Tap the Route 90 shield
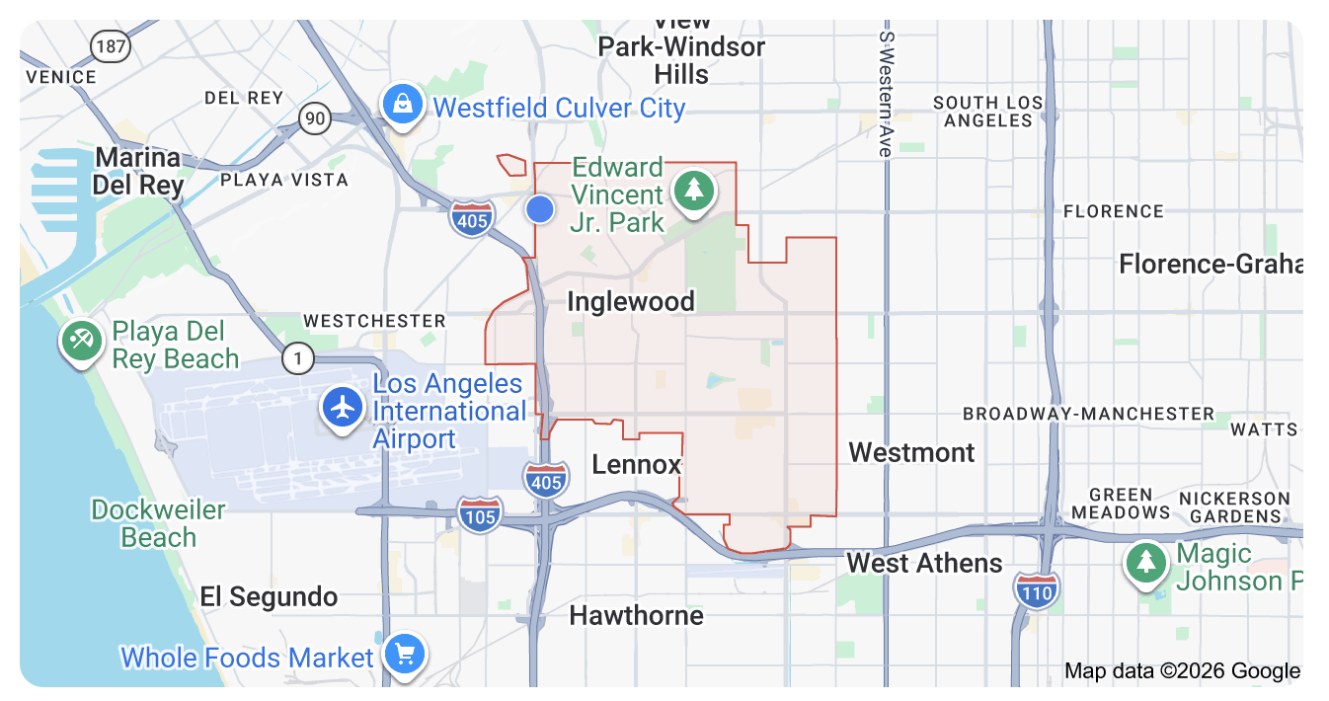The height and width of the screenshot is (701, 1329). pyautogui.click(x=315, y=119)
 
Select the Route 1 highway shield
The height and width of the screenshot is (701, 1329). pyautogui.click(x=297, y=358)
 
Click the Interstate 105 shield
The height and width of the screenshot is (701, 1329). pyautogui.click(x=481, y=513)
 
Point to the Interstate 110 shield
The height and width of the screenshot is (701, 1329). pyautogui.click(x=1037, y=589)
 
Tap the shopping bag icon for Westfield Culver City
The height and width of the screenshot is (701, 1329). pyautogui.click(x=403, y=104)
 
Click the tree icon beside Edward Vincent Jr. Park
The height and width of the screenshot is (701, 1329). pyautogui.click(x=693, y=190)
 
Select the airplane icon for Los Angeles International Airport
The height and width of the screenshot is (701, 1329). pyautogui.click(x=344, y=408)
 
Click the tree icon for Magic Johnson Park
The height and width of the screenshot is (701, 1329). pyautogui.click(x=1146, y=563)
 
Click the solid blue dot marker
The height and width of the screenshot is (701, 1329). pyautogui.click(x=539, y=209)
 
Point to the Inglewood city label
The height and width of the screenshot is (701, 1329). pyautogui.click(x=631, y=301)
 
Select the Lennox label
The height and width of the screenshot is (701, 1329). pyautogui.click(x=637, y=464)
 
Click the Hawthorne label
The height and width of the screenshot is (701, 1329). pyautogui.click(x=637, y=616)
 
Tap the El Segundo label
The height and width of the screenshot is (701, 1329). pyautogui.click(x=269, y=596)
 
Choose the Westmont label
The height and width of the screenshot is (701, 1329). pyautogui.click(x=911, y=452)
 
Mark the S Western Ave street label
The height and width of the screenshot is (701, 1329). pyautogui.click(x=886, y=94)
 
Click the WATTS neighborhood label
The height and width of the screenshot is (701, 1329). pyautogui.click(x=1264, y=429)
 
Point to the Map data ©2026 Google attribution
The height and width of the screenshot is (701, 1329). pyautogui.click(x=1182, y=671)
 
